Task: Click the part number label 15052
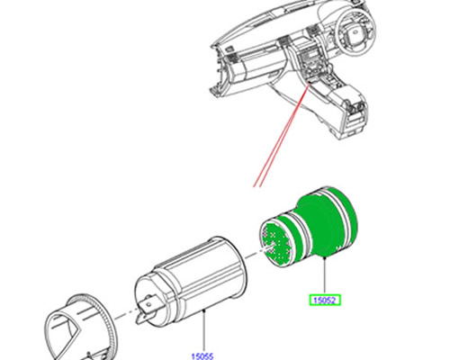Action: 325,300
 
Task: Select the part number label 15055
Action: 202,356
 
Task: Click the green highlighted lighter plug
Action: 309,228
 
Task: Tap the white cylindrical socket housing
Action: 191,282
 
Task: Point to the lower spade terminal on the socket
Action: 142,318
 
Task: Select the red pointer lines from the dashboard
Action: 282,135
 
